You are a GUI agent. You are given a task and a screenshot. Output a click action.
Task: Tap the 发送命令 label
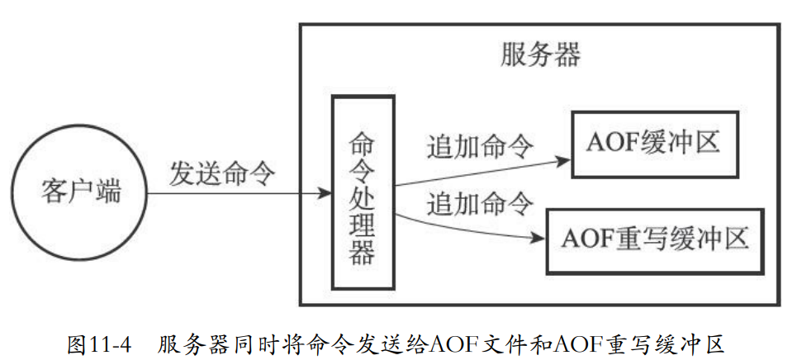tap(222, 173)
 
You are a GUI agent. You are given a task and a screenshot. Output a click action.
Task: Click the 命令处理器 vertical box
tap(363, 192)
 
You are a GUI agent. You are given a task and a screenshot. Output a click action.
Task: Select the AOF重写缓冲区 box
tap(655, 240)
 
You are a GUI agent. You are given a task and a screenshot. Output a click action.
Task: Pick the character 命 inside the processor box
tap(363, 142)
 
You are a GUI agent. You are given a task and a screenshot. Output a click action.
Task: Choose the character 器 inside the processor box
tap(363, 252)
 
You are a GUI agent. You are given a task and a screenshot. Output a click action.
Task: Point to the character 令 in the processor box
tap(363, 169)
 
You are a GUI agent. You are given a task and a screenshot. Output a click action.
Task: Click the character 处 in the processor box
tap(363, 197)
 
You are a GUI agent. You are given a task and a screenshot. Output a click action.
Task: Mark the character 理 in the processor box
tap(363, 224)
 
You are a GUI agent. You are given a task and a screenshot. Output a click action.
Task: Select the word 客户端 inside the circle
tap(80, 193)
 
